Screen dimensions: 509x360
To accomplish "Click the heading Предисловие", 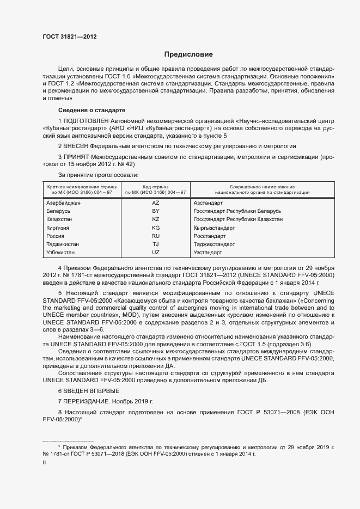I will [x=188, y=54].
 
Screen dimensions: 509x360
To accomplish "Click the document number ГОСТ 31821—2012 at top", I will [x=70, y=36].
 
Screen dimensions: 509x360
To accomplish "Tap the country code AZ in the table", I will [x=155, y=203].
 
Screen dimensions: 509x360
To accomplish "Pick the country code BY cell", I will [x=155, y=211].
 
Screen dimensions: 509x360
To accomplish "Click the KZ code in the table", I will [x=155, y=219].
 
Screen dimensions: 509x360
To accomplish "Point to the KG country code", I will [x=155, y=228].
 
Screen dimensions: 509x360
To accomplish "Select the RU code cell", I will [x=155, y=236].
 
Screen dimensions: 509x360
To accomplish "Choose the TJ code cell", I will [x=155, y=244].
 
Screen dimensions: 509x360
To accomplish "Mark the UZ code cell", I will [x=155, y=253].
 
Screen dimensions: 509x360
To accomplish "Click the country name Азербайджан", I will [x=64, y=203].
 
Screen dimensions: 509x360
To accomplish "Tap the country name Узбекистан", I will [x=62, y=253].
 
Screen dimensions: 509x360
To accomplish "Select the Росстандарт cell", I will [x=210, y=236].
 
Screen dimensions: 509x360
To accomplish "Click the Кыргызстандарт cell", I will [x=215, y=228].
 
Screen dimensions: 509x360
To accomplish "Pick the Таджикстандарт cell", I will [x=215, y=244].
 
